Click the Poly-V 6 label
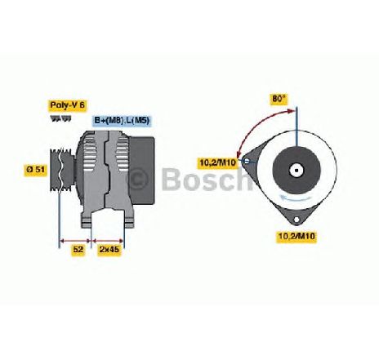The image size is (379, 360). click(x=68, y=105)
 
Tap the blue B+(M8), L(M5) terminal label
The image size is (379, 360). click(x=123, y=121)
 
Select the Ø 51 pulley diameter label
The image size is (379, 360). click(x=36, y=169)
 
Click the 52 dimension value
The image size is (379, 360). click(x=78, y=249)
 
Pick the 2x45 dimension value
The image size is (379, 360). click(x=109, y=249)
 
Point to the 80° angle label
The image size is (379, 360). click(x=279, y=99)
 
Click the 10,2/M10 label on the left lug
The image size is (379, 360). click(x=217, y=162)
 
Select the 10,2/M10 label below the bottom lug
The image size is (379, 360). click(x=297, y=236)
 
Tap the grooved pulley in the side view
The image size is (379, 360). click(x=62, y=170)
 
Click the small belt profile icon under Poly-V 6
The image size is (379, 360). click(x=60, y=118)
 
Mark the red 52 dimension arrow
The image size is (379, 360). click(x=75, y=241)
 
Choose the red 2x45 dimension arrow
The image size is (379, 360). click(x=108, y=241)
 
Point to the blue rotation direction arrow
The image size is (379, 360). click(x=297, y=198)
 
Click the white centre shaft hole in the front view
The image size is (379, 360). click(x=297, y=171)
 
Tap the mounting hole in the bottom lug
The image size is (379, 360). click(x=297, y=220)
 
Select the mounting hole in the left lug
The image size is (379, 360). click(x=246, y=162)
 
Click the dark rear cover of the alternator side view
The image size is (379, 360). click(x=142, y=171)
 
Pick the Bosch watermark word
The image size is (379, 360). click(x=207, y=179)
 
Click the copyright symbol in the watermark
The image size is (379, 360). click(x=139, y=179)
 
